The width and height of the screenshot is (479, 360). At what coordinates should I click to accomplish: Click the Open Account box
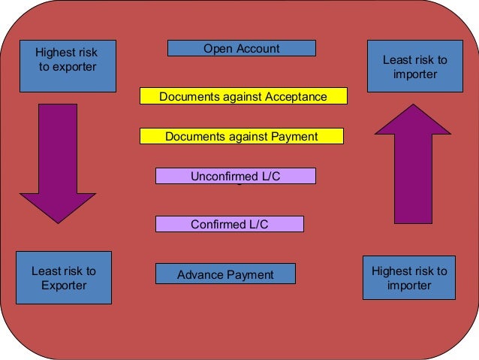[x=241, y=49]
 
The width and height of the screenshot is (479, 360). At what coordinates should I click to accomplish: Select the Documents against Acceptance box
[x=243, y=96]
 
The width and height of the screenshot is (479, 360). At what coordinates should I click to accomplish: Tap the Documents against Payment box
[x=241, y=136]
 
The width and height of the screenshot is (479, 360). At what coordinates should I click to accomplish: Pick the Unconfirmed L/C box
[x=235, y=176]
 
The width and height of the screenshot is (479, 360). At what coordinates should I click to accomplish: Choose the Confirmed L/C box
[x=229, y=224]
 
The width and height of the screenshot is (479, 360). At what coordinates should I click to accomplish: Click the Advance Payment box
[x=225, y=274]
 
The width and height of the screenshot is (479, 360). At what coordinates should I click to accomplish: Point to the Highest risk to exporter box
[x=68, y=66]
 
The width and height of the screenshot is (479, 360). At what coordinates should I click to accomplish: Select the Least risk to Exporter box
[x=64, y=277]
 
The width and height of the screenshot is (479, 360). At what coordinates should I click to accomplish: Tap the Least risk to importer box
[x=414, y=67]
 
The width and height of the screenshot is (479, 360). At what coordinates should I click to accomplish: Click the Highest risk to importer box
[x=409, y=278]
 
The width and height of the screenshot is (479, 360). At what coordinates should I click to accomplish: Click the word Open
[x=218, y=49]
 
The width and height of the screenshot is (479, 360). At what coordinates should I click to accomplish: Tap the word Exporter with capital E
[x=64, y=286]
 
